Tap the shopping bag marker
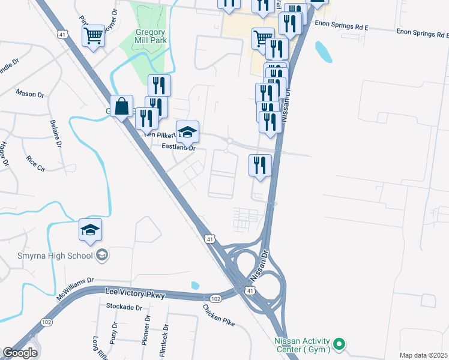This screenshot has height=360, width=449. click(x=121, y=107)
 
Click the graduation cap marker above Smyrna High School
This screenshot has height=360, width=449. click(x=91, y=230)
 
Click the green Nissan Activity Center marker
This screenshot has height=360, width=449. click(x=339, y=344)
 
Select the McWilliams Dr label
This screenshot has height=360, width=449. click(x=75, y=289)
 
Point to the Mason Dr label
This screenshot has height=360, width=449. click(x=30, y=94)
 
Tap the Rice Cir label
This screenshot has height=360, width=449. click(x=35, y=163)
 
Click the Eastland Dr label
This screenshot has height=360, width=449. click(x=178, y=146)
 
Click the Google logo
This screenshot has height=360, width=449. click(x=20, y=352)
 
